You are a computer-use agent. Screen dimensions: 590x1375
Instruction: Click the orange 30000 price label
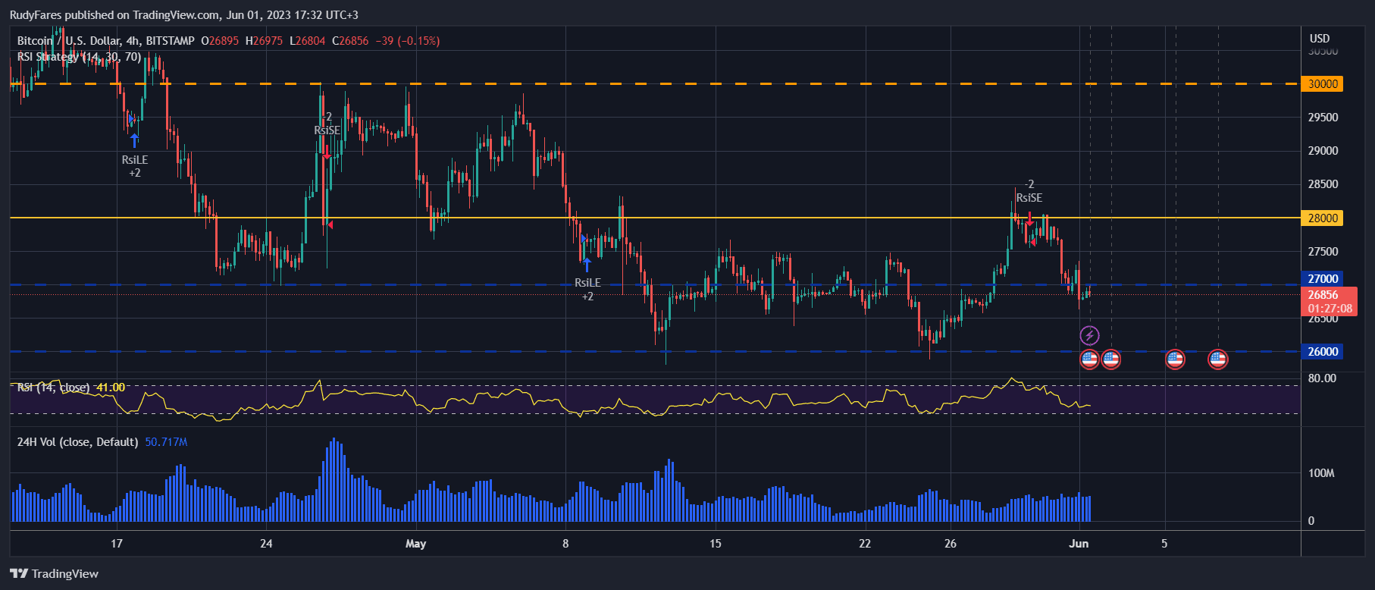1323,84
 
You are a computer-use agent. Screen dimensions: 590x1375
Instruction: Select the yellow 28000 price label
1323,218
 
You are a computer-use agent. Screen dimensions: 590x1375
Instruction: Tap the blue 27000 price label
1323,279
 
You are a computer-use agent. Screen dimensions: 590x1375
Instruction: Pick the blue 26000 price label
1323,352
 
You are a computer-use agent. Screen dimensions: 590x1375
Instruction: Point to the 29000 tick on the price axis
1323,151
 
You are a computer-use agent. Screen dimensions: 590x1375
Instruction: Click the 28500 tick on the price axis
1323,184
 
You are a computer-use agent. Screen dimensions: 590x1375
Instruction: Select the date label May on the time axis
416,544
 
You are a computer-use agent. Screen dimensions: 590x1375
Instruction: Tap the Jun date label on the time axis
1079,544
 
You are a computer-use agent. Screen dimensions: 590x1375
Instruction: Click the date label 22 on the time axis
865,544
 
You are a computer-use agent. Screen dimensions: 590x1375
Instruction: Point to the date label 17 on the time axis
117,544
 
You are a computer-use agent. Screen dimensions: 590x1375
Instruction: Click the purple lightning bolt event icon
1089,335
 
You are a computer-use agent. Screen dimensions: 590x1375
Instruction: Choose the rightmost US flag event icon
1217,359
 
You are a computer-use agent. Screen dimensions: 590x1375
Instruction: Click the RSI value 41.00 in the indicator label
111,388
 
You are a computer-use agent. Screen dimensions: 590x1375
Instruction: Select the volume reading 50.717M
166,442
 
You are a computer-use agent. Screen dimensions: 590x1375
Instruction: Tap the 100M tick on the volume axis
1321,473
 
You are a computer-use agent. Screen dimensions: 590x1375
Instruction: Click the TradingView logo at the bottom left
55,574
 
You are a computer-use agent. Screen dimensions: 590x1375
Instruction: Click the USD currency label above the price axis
1320,39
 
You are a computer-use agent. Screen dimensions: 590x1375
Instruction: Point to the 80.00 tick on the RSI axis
1322,378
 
